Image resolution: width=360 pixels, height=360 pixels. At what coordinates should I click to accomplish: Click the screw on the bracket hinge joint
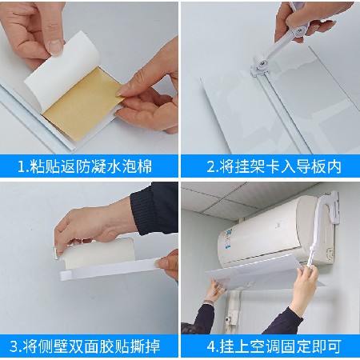(262, 63)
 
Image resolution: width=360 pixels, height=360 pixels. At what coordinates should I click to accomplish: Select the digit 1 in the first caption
(22, 166)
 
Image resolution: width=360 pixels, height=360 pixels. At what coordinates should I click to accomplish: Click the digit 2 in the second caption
(211, 166)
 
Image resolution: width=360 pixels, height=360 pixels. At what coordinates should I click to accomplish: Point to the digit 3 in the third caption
(14, 346)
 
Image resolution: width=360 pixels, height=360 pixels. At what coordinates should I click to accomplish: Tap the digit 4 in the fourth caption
(211, 346)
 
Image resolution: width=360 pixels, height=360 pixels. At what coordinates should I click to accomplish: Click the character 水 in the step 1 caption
(114, 166)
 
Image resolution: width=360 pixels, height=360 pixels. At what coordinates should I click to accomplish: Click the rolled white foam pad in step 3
(98, 254)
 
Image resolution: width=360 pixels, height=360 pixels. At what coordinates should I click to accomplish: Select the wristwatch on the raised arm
(209, 302)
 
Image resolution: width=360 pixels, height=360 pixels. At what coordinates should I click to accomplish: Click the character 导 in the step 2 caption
(303, 166)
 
